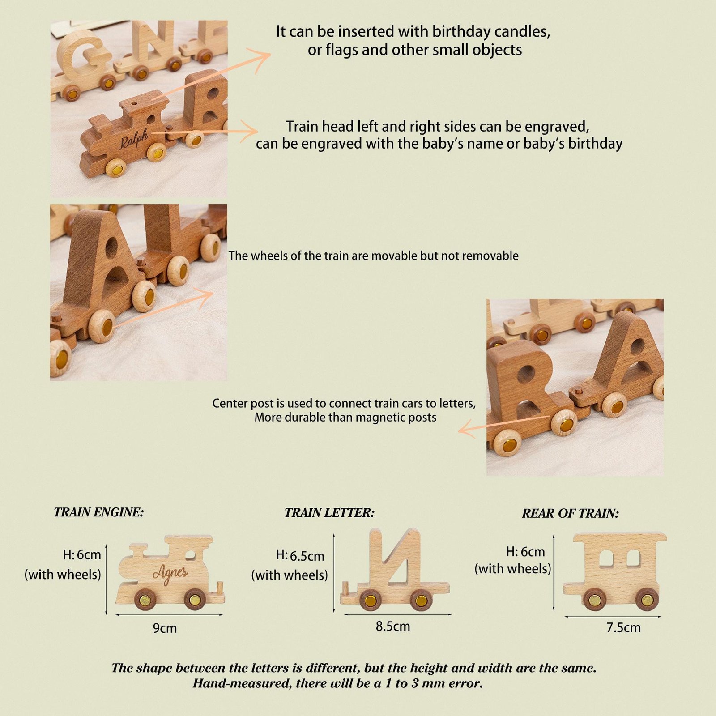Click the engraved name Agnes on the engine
tap(170, 572)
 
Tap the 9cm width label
tap(165, 628)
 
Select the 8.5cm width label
tap(393, 626)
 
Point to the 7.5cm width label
tap(623, 628)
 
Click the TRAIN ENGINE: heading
tap(99, 512)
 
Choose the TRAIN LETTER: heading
tap(329, 513)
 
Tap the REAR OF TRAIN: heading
tap(570, 513)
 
